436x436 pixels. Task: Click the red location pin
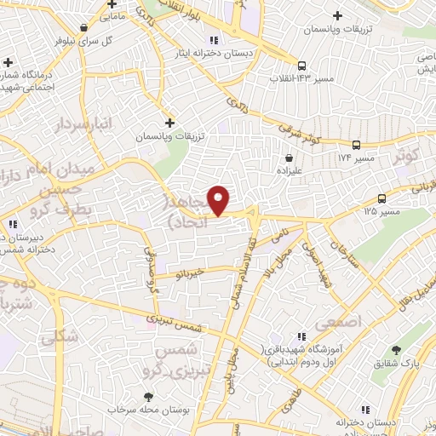tap(219, 201)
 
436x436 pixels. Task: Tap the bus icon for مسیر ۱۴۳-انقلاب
tap(301, 66)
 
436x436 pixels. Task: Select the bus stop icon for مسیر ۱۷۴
tap(356, 145)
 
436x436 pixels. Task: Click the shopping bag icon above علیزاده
tap(290, 158)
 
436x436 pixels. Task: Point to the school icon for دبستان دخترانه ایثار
tap(214, 39)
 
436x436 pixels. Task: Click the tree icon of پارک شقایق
tap(396, 350)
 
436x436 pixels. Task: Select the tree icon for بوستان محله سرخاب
tap(150, 397)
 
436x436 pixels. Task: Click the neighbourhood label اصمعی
tap(338, 322)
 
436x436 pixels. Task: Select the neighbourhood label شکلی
tap(59, 336)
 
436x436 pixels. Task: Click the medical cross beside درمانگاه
tap(8, 62)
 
